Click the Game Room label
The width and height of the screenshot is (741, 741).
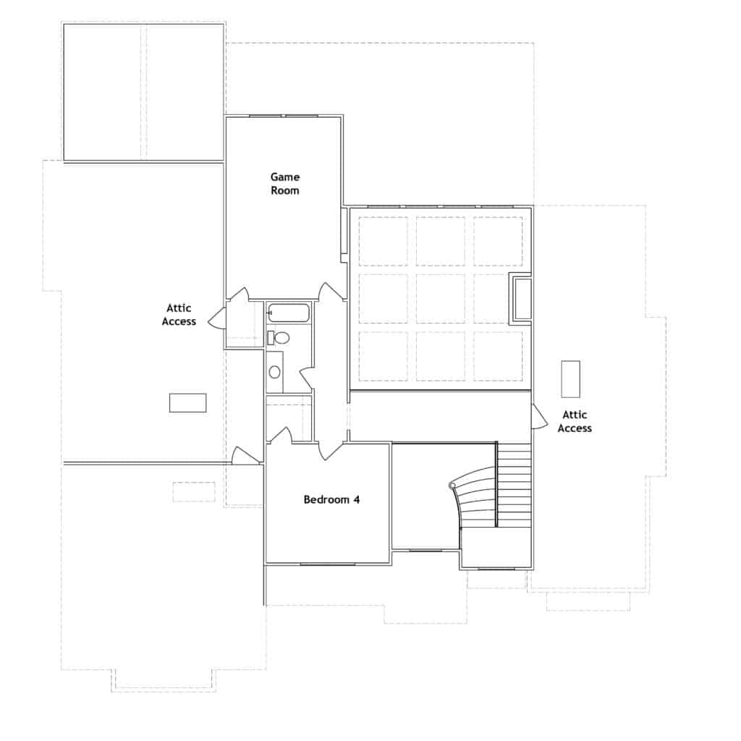tap(284, 183)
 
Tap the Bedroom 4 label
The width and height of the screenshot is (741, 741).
tap(331, 499)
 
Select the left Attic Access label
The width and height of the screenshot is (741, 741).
tap(179, 315)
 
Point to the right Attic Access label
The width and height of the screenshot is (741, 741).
tap(575, 421)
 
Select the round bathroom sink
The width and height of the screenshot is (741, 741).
tap(274, 372)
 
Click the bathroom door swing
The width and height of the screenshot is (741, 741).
tap(306, 377)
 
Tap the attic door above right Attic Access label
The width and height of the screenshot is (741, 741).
tap(538, 418)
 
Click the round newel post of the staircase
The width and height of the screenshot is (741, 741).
tap(452, 485)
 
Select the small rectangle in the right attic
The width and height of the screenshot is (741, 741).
tap(571, 378)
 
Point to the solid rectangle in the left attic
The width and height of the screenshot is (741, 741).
tap(187, 403)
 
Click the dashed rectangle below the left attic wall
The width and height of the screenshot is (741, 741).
tap(194, 492)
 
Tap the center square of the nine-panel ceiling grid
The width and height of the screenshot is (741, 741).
tap(440, 298)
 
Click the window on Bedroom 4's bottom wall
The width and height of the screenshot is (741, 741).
tap(327, 563)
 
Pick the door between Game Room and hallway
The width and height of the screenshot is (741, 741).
tap(331, 291)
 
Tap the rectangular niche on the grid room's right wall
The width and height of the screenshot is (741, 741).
tap(522, 298)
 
